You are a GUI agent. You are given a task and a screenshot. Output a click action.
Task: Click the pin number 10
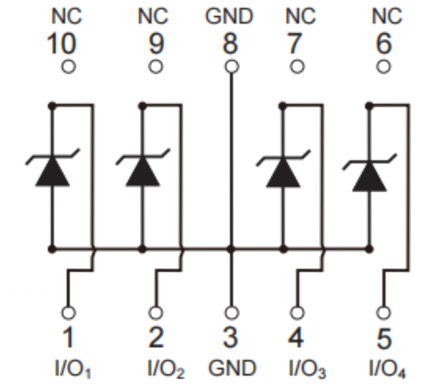[x=61, y=45]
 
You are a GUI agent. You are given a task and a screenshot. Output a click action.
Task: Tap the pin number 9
[x=156, y=45]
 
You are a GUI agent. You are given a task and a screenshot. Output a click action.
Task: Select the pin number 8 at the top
[x=230, y=45]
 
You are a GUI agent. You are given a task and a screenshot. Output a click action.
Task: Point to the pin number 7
[x=295, y=45]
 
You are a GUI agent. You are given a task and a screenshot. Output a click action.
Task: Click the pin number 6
[x=383, y=45]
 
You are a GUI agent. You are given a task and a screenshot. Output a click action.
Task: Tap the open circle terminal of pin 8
[x=230, y=66]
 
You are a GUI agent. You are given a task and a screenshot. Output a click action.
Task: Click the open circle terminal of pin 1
[x=68, y=313]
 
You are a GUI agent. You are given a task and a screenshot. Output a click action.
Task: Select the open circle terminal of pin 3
[x=230, y=313]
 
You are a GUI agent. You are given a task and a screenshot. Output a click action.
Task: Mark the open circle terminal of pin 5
[x=384, y=313]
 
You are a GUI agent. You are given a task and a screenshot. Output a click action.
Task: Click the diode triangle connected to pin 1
[x=52, y=172]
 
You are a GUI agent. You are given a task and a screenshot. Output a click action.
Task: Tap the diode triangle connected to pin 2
[x=142, y=172]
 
